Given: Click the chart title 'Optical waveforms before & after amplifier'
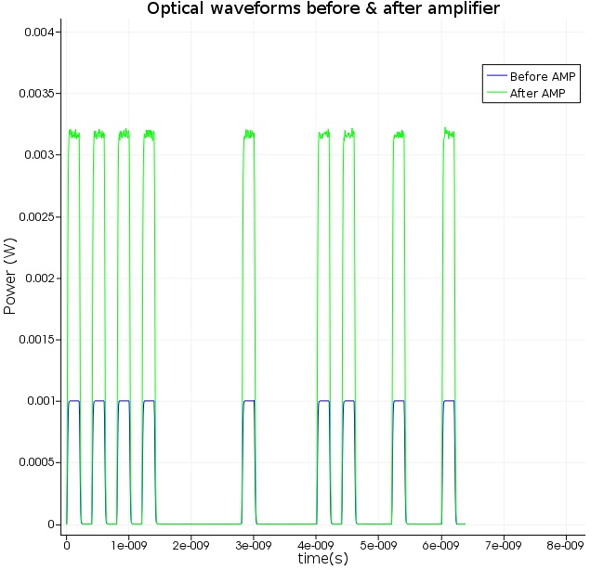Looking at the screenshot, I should point(323,9).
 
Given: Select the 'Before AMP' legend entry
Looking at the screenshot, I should point(545,76).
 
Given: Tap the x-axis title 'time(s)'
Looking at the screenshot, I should point(322,559).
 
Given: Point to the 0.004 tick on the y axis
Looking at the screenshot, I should point(42,32).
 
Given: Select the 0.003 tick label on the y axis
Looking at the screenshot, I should point(42,155).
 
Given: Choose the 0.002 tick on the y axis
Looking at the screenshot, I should point(42,279).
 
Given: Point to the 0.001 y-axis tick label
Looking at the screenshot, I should point(42,401).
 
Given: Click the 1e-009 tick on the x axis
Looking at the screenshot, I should point(128,544).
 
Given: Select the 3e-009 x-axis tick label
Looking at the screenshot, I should point(253,544).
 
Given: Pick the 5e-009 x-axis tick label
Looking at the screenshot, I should point(378,544).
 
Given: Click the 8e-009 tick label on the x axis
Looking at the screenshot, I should point(565,544).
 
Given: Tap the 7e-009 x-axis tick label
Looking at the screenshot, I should point(503,544).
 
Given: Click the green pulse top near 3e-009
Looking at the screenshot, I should point(249,135).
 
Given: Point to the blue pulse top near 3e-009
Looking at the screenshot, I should point(249,400).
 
